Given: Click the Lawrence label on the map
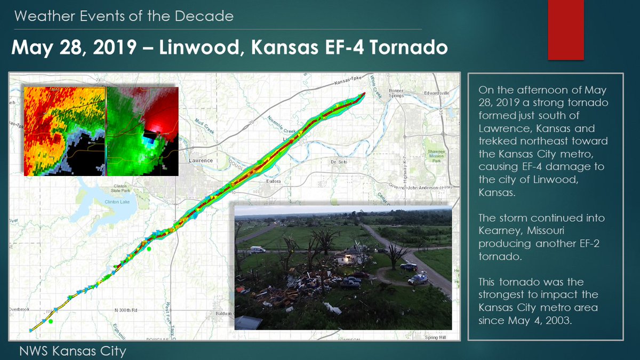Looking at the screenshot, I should [x=201, y=161].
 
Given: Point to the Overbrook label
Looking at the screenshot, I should [x=21, y=309].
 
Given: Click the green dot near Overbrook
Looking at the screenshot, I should [x=50, y=321].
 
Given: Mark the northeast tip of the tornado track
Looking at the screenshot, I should [x=364, y=94].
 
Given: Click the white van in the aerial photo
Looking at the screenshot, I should [x=258, y=250].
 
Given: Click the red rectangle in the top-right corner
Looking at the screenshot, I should [x=566, y=30].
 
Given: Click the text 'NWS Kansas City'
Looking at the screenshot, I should [x=73, y=351].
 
